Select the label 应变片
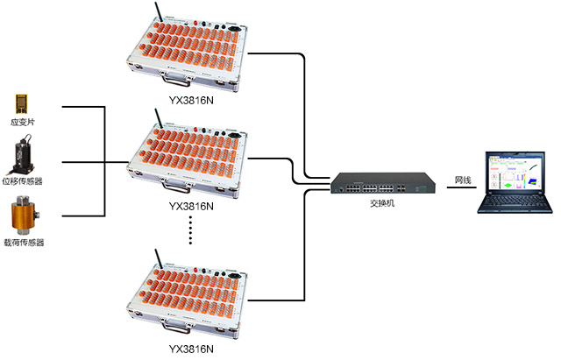(22, 124)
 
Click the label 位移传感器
(22, 181)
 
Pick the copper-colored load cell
(22, 215)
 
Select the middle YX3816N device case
(188, 158)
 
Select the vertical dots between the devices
(188, 232)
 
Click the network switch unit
(382, 185)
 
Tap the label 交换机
(382, 204)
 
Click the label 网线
(463, 180)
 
